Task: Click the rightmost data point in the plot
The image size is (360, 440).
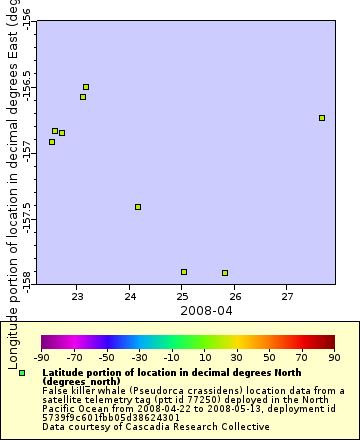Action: (322, 118)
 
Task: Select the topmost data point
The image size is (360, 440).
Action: (86, 87)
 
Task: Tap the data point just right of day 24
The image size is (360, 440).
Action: (138, 207)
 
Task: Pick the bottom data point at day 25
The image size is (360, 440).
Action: (184, 272)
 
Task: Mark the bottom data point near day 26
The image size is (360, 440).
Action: (225, 273)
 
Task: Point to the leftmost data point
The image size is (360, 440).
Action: (52, 142)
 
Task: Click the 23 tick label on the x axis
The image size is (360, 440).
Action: (78, 296)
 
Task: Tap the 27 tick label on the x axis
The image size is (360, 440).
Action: (287, 296)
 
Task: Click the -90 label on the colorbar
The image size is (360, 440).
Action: (42, 357)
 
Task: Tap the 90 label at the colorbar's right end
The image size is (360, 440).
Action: (334, 357)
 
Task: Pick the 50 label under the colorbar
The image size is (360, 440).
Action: (269, 357)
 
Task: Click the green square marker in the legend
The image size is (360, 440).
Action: (22, 373)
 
